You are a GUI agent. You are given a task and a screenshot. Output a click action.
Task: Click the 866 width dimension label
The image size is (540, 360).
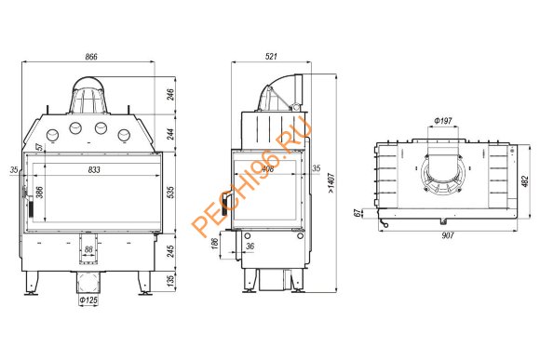click(x=91, y=58)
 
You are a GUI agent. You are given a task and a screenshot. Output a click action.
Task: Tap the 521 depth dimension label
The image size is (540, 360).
click(x=271, y=58)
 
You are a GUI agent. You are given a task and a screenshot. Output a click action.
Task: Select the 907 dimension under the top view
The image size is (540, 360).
click(x=447, y=234)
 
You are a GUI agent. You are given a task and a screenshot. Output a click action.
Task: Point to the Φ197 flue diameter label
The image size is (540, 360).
click(x=444, y=121)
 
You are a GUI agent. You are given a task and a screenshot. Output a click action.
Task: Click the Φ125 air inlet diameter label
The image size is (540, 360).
click(x=88, y=301)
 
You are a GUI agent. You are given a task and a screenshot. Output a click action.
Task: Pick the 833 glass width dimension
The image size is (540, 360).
click(x=92, y=169)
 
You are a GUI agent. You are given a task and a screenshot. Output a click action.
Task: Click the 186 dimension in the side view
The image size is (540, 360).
click(x=216, y=244)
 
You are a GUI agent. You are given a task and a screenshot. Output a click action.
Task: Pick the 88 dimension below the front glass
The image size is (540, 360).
click(x=88, y=248)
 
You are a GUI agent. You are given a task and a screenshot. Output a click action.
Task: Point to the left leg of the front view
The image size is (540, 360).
click(x=33, y=283)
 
